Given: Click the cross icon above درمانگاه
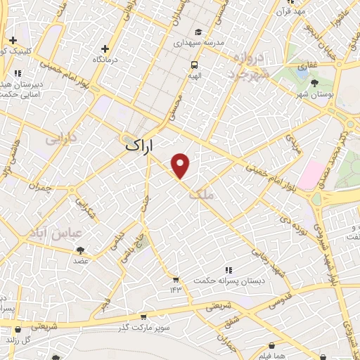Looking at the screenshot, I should click(x=105, y=49).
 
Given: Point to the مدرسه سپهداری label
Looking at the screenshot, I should click(x=199, y=43).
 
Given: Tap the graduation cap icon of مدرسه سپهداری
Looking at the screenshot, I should click(x=199, y=32).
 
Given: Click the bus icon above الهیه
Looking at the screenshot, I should click(x=191, y=65).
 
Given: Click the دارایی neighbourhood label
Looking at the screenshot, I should click(x=60, y=140).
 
